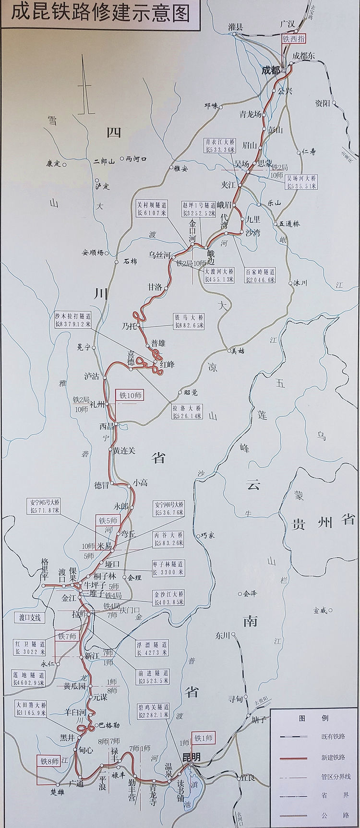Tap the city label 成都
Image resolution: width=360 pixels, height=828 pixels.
pos(270,70)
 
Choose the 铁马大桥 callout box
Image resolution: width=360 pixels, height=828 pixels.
pos(190,321)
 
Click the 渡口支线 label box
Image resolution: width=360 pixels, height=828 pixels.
pos(30,617)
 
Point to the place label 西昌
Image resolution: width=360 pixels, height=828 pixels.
pos(106,425)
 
